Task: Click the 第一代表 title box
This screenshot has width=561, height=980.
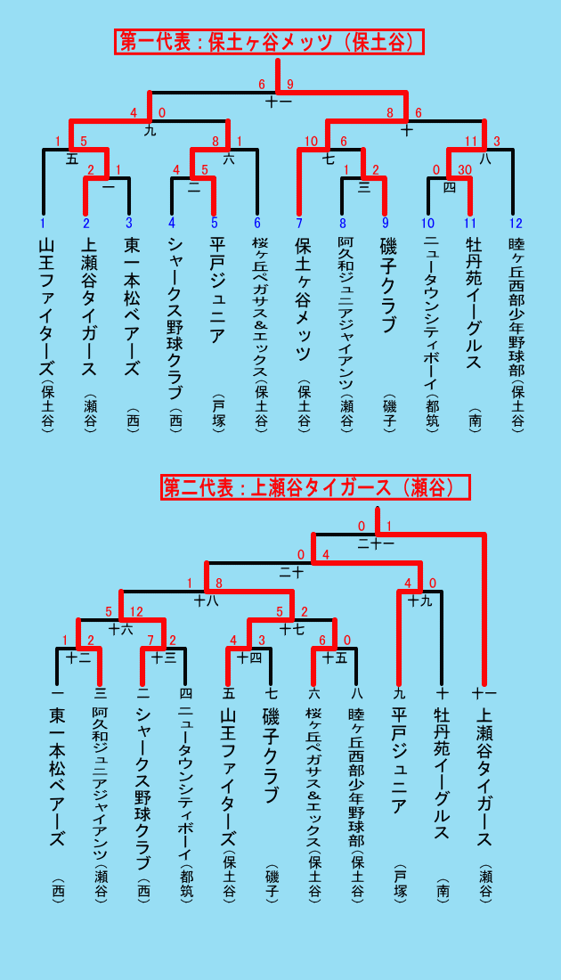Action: coord(269,42)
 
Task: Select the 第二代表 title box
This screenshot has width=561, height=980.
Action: coord(315,487)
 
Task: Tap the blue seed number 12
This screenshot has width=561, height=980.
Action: coord(516,223)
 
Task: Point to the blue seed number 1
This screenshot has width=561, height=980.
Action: coord(43,223)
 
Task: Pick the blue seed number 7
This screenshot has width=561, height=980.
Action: coord(298,223)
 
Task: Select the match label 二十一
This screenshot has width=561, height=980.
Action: coord(376,543)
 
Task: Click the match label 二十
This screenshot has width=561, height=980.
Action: coord(290,571)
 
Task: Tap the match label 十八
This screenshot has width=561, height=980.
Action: coord(206,601)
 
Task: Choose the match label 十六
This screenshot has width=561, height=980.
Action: coord(120,629)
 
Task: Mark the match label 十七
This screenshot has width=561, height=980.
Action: coord(292,629)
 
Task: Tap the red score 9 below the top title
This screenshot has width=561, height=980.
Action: coord(290,85)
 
